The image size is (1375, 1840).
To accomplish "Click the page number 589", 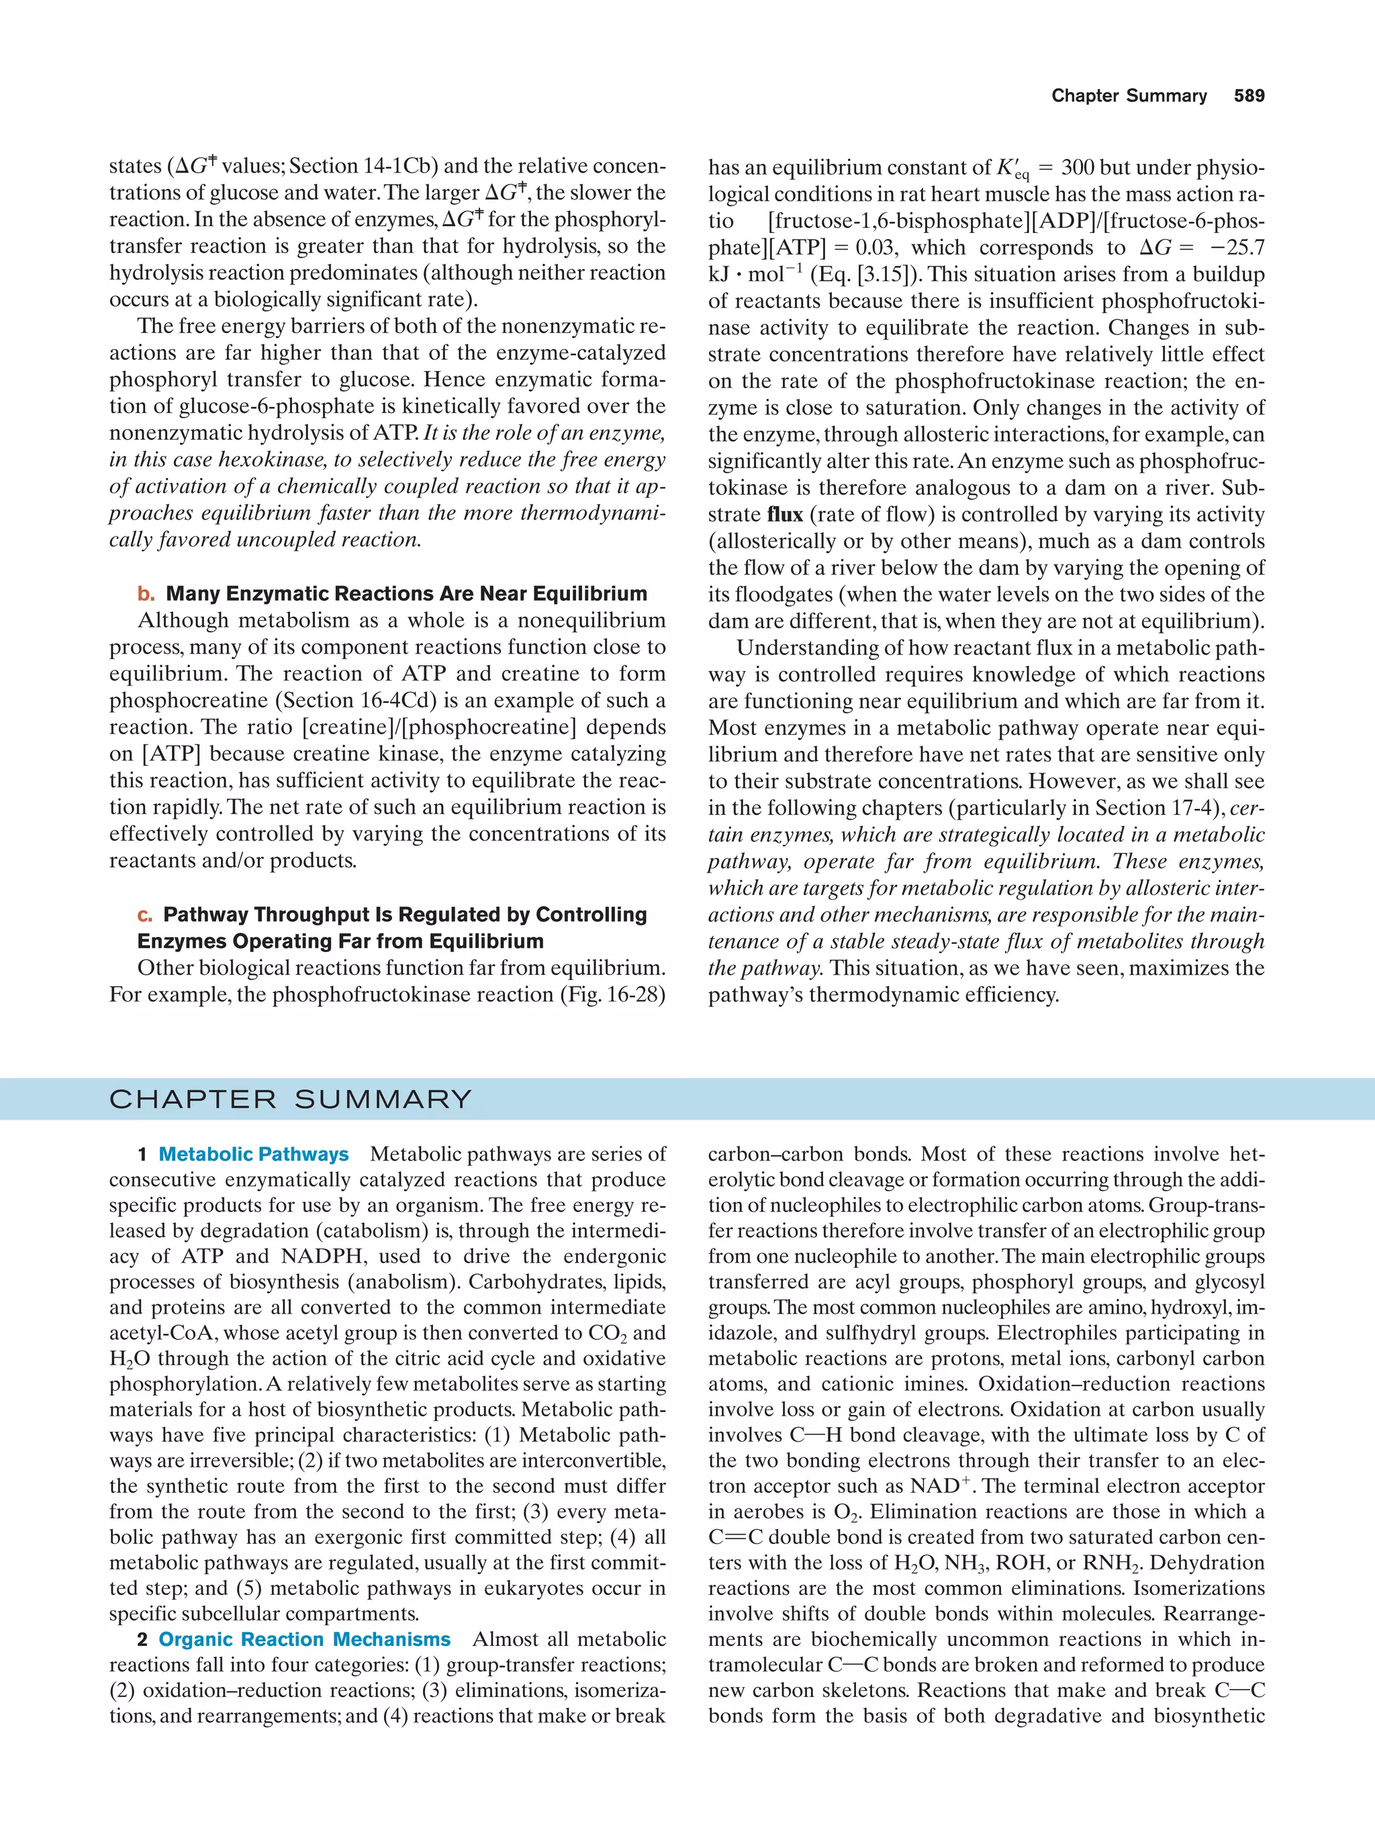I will pos(1249,96).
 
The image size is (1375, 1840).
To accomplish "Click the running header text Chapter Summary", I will pos(1129,96).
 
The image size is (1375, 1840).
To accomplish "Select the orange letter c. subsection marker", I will pos(146,915).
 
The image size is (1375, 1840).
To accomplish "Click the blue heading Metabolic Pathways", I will pos(253,1155).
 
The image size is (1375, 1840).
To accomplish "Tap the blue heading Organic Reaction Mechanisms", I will pos(304,1639).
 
